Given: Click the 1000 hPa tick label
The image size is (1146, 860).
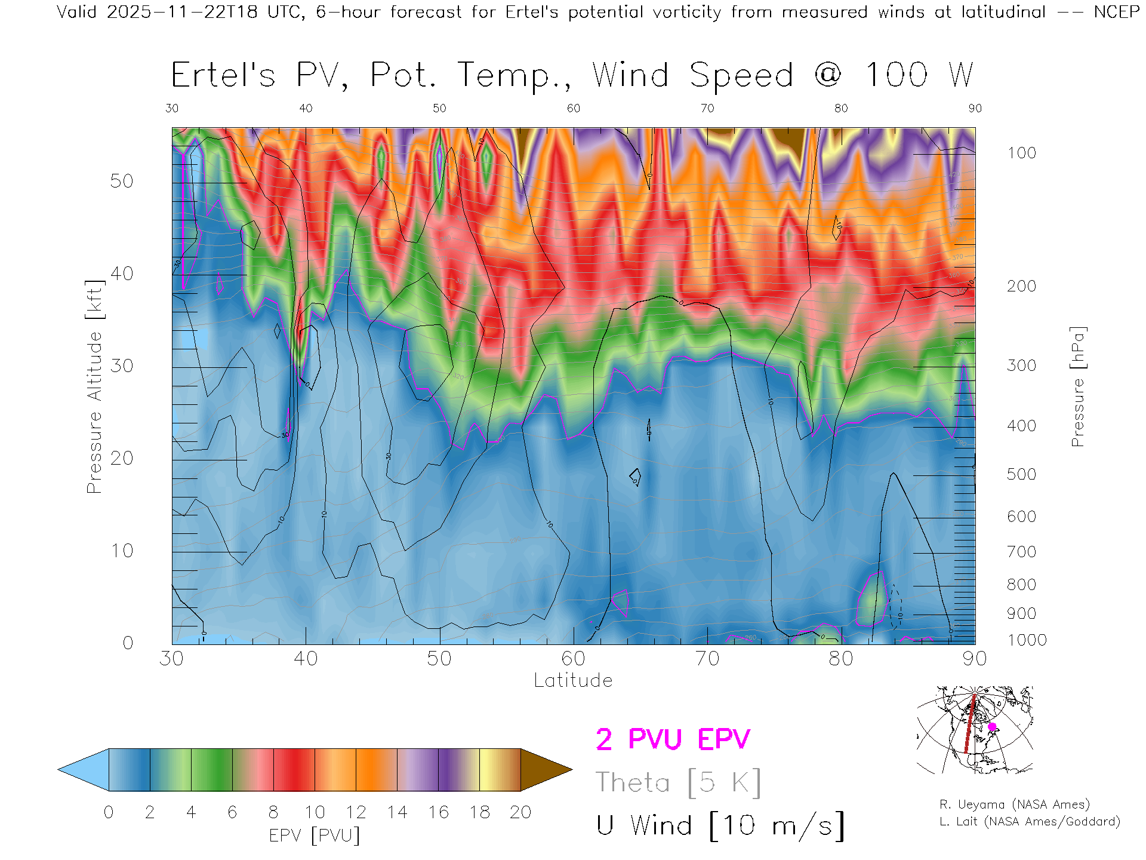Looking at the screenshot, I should coord(1027,640).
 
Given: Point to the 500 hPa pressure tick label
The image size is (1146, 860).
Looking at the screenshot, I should coord(1021,474).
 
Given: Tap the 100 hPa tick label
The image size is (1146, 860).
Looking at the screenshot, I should coord(1021,153).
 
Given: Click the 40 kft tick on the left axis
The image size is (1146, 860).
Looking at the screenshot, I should coord(121,274).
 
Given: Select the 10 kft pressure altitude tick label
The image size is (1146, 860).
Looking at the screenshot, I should coord(121,551).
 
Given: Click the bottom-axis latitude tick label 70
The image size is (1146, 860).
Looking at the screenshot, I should coord(707,659).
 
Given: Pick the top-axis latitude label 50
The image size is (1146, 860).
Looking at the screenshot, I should coord(439,108).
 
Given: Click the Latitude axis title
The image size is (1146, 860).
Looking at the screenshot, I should coord(573,681).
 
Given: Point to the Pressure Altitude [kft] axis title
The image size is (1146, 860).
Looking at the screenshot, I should coord(94,386).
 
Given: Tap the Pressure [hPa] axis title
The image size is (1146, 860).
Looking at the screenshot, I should coord(1077,386).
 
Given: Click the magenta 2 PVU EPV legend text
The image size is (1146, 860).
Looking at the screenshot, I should coord(673,739).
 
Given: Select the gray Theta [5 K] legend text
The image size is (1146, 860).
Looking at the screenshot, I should coord(678,782).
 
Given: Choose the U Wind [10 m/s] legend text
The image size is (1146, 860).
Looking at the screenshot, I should coord(720,825).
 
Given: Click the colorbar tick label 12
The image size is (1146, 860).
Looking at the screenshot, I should coord(356,812).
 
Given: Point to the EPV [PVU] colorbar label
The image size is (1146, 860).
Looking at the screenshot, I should coord(315,836).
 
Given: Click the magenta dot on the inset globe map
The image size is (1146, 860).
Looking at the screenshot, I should coord(992,727).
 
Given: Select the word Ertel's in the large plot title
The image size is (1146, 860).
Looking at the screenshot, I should coord(223,76).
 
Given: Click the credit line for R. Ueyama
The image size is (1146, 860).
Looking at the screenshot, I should coord(1014,804).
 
